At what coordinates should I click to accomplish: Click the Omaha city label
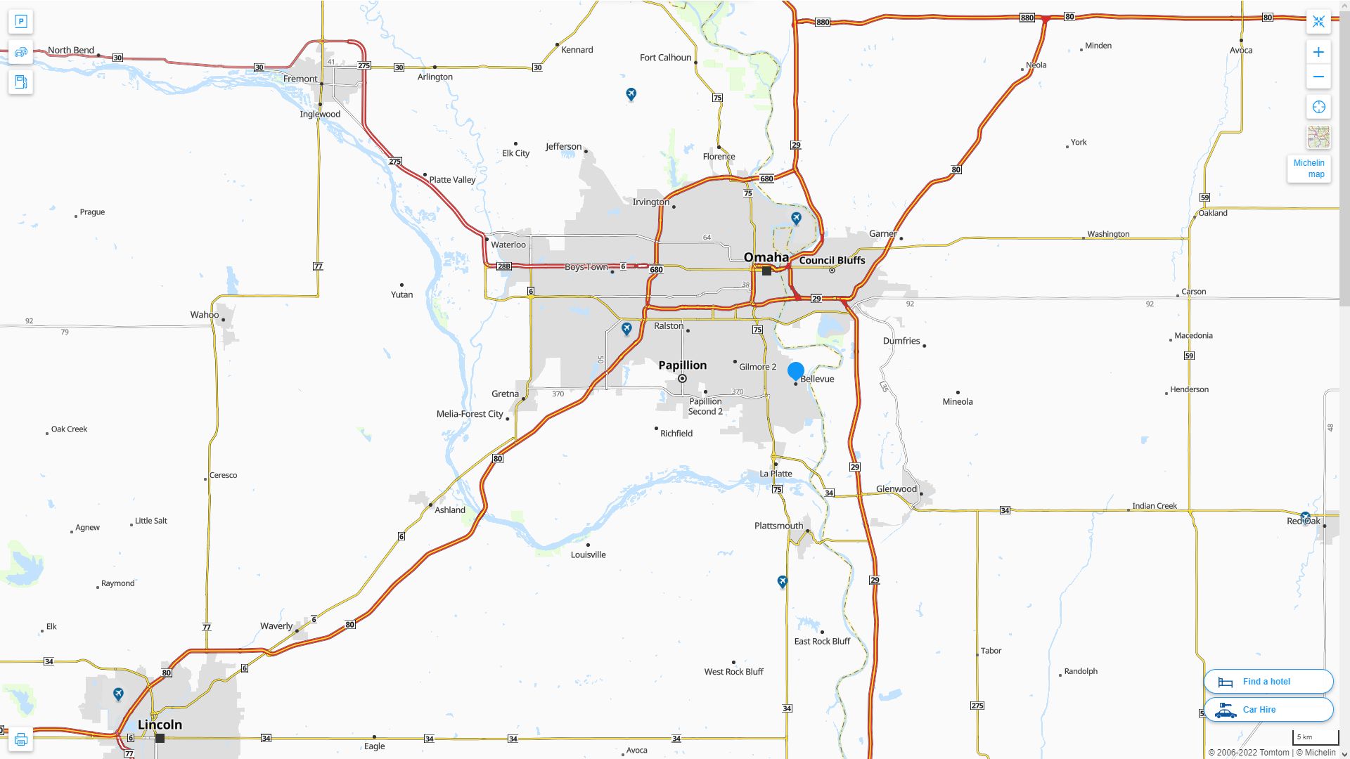[766, 257]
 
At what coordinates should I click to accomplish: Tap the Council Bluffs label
[832, 260]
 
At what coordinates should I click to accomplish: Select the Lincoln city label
[160, 725]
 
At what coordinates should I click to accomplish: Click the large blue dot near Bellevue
[796, 370]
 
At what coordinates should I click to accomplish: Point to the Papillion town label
[682, 365]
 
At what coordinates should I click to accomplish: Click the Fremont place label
[300, 79]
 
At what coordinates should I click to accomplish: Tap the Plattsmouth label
[778, 526]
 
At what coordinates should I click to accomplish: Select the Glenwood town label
[896, 489]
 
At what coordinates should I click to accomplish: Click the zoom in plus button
[1318, 52]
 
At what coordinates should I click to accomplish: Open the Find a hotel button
[1268, 682]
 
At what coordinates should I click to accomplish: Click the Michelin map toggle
[1309, 169]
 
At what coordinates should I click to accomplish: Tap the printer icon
[21, 739]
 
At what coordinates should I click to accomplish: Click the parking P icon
[21, 22]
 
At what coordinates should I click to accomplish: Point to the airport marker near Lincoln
[118, 694]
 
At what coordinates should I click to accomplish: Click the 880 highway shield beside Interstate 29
[823, 22]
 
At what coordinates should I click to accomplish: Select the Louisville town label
[588, 554]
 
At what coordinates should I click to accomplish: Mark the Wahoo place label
[204, 315]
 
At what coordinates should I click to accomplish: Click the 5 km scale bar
[1314, 738]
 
